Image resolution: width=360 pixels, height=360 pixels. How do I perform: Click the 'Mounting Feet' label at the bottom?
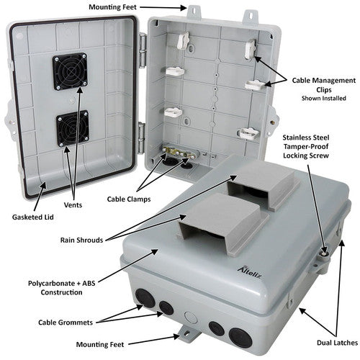click(125, 352)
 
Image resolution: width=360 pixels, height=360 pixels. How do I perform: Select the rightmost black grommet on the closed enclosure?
click(237, 334)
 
